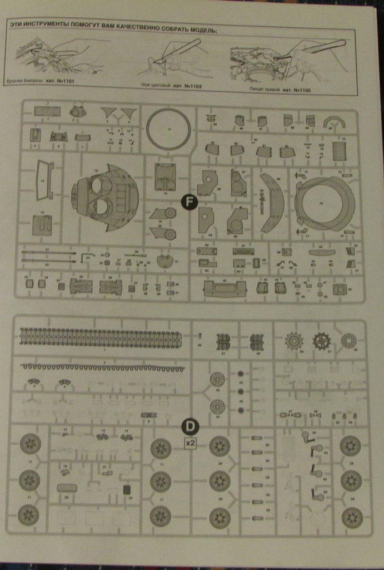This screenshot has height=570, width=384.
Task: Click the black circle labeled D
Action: [190, 426]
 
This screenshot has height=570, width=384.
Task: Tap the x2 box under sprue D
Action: [190, 444]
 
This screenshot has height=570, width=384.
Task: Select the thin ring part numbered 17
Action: [168, 129]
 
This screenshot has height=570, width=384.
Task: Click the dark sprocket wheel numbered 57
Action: [321, 341]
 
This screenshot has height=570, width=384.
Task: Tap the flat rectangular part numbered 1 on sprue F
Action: [47, 111]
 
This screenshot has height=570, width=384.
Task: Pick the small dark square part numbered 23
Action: [127, 490]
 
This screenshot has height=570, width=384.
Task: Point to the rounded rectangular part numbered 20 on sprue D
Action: [67, 488]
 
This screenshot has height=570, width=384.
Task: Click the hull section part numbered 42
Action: [225, 288]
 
